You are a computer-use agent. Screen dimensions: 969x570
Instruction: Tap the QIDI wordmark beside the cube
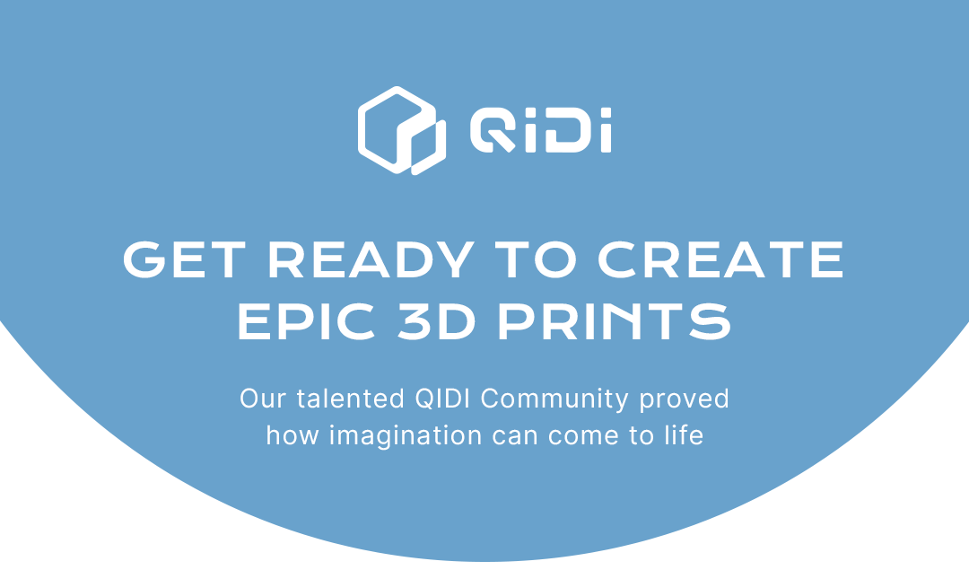click(x=541, y=130)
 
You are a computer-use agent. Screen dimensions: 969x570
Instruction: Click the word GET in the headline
click(x=185, y=259)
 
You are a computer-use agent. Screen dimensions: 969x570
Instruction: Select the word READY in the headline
click(x=371, y=259)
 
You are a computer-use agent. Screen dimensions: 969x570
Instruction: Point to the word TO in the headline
click(x=536, y=259)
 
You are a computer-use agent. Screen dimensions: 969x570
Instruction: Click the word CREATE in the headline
click(x=720, y=259)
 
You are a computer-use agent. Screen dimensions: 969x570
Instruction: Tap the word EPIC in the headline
click(x=307, y=321)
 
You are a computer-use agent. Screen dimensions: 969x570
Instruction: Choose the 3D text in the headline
click(x=437, y=321)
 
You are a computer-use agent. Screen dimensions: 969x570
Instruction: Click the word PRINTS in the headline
click(x=615, y=321)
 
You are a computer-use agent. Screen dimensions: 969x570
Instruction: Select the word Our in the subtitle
click(x=261, y=399)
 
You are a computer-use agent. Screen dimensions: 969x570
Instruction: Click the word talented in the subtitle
click(x=351, y=399)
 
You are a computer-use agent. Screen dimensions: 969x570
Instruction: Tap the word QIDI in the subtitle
click(x=442, y=399)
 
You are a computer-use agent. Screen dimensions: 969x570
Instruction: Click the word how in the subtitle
click(x=292, y=435)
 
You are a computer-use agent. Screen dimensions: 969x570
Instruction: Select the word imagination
click(x=406, y=436)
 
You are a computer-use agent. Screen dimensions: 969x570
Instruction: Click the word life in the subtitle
click(x=684, y=435)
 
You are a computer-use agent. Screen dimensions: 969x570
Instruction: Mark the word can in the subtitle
click(x=515, y=436)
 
